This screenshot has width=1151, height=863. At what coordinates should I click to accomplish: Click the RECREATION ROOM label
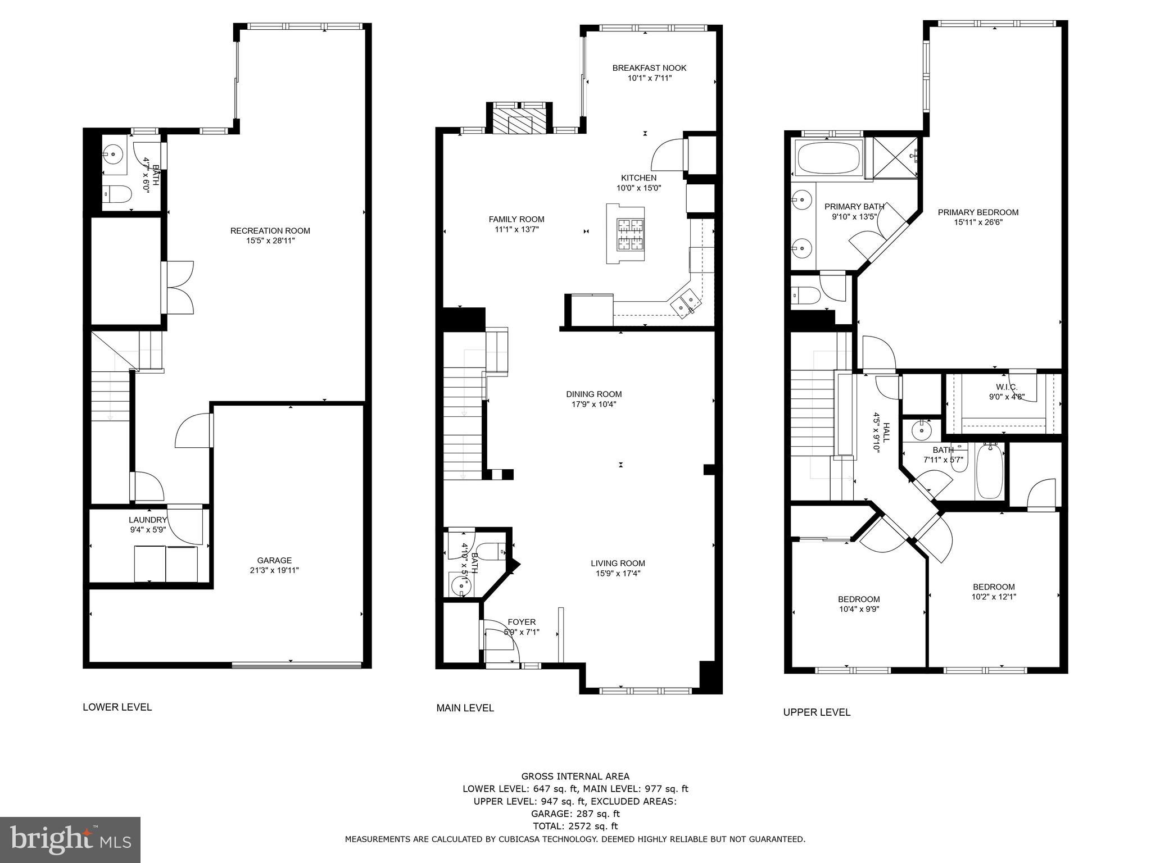pos(270,230)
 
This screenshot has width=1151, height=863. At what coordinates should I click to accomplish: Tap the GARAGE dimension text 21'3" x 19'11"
pos(274,570)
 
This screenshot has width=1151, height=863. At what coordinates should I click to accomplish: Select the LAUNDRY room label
pos(147,520)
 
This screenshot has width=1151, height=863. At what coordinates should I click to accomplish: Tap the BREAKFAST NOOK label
pos(649,68)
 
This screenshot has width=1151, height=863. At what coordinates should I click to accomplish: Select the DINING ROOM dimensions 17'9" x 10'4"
pos(593,404)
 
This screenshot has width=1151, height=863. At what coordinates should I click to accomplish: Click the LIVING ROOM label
pos(618,563)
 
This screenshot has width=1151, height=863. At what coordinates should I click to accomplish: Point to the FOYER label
pos(522,622)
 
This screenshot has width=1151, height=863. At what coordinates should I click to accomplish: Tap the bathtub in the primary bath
pos(829,158)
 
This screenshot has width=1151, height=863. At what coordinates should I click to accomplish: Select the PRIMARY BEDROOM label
pos(978,212)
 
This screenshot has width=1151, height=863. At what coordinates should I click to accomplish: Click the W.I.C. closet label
pos(1006,387)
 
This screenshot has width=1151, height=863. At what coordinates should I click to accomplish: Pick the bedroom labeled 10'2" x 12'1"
pos(994,592)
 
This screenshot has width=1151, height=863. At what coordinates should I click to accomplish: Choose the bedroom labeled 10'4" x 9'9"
pos(859,604)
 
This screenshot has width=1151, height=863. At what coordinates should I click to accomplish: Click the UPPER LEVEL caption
pos(817,712)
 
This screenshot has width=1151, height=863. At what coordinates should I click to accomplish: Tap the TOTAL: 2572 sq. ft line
pos(575,826)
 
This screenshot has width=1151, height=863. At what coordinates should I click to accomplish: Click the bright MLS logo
pos(70,839)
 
